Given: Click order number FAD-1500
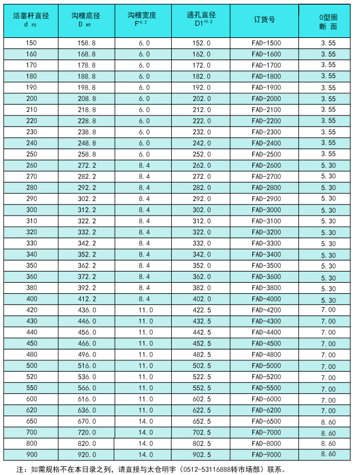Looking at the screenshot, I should click(266, 43).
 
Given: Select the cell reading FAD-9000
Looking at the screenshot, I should click(266, 455).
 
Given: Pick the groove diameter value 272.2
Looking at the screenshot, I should click(87, 165).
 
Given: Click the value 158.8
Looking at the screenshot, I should click(87, 43).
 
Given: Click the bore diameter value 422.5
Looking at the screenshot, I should click(202, 309).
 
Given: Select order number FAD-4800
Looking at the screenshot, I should click(266, 354).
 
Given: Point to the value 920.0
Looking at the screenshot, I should click(87, 455).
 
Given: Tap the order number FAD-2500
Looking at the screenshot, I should click(266, 154).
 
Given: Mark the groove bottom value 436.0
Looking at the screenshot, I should click(87, 309).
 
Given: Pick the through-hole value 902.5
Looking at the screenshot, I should click(202, 455).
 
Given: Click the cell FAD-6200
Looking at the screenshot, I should click(266, 410).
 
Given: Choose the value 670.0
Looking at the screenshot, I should click(87, 421).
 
